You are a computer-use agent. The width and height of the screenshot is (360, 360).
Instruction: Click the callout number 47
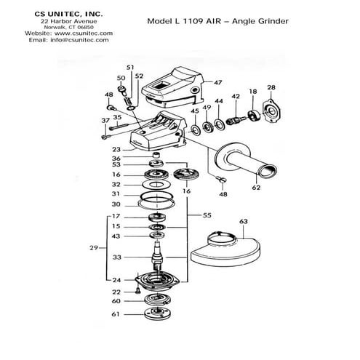tap(217, 83)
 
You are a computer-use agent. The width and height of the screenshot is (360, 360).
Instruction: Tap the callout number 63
tap(244, 221)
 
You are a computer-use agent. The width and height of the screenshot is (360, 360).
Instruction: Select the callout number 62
tap(256, 188)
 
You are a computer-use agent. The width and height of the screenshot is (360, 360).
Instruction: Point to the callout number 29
tap(94, 248)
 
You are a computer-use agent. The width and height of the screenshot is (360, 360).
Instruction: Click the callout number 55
tap(207, 215)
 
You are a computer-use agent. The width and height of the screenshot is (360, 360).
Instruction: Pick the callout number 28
tap(271, 87)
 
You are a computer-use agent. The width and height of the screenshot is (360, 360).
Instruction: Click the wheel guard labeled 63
tap(225, 249)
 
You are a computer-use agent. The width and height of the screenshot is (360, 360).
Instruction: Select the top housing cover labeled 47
tap(173, 88)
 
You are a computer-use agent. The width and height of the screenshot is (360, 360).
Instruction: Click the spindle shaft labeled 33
tap(157, 255)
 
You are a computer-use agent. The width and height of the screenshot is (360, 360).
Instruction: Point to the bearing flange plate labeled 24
tap(157, 281)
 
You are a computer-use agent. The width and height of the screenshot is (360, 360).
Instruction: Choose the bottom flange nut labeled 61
tap(158, 313)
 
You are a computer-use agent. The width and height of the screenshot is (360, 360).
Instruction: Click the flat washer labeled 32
tap(156, 185)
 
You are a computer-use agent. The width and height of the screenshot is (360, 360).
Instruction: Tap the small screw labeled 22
tap(138, 290)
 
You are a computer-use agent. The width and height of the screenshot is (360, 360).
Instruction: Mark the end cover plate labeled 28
tap(273, 111)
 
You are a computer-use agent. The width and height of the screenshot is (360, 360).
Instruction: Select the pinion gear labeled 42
tap(235, 120)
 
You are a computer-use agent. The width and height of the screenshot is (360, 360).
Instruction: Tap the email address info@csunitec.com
tap(79, 40)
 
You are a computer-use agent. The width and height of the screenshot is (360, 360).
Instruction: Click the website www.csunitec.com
tap(84, 33)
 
